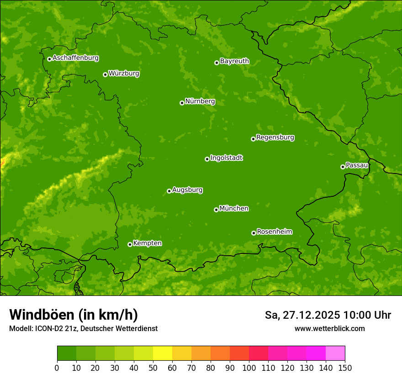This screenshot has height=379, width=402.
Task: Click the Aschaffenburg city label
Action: [75, 58]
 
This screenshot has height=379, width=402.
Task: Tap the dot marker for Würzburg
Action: [105, 74]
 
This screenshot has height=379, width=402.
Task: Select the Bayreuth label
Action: [234, 61]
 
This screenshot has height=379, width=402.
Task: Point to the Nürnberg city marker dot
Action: [182, 103]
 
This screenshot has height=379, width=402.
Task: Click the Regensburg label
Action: [275, 137]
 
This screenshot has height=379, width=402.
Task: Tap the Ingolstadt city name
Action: [226, 158]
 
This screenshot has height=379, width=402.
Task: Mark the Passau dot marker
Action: [343, 167]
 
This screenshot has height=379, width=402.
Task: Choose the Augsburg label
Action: [187, 189]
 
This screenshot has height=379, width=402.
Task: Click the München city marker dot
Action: [216, 210]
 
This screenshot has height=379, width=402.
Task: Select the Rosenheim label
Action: [274, 232]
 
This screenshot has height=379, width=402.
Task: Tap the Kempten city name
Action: [147, 243]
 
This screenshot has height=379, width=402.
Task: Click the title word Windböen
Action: [42, 315]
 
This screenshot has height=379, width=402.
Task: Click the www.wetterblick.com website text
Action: [329, 328]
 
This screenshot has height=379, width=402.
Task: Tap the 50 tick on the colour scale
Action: [153, 368]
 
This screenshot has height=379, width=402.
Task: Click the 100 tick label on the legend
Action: [249, 368]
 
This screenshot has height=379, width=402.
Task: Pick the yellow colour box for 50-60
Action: [163, 353]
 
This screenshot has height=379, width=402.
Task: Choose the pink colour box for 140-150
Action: [335, 353]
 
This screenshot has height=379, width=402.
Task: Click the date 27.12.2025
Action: [312, 315]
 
